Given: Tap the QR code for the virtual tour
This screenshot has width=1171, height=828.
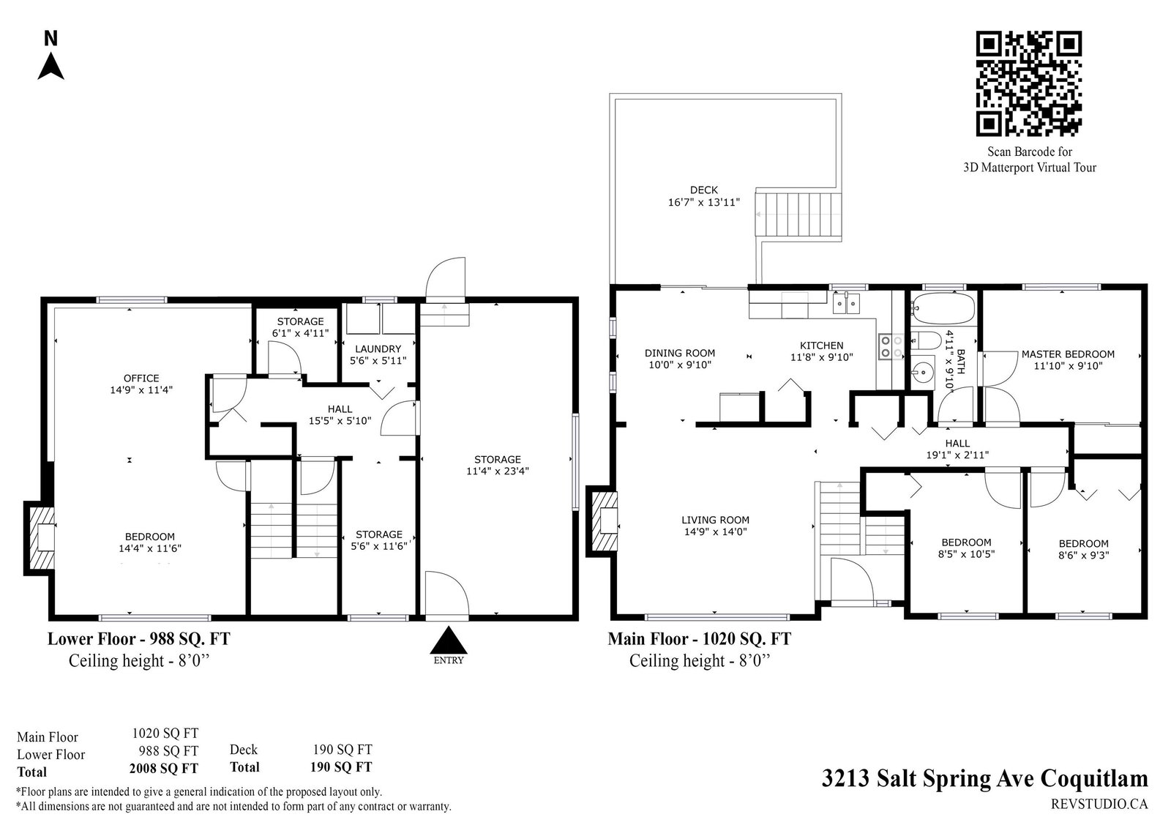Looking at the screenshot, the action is click(1028, 83).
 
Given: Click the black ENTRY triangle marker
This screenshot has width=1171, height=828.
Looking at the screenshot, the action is click(448, 641).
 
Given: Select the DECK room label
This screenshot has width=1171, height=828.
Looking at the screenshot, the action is click(703, 190).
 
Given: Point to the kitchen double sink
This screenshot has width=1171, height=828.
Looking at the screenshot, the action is click(846, 303).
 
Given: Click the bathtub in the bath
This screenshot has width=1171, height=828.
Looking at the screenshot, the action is click(943, 307).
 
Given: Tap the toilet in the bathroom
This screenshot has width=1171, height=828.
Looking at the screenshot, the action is click(926, 341).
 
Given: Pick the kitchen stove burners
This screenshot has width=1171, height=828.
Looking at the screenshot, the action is click(891, 346).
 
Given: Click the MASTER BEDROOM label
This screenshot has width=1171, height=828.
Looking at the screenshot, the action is click(1068, 354).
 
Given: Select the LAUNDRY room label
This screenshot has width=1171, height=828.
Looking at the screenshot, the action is click(378, 349).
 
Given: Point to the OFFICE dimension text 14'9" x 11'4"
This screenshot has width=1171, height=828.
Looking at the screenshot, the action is click(141, 389).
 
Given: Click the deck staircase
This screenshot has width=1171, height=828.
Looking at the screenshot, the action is click(798, 215).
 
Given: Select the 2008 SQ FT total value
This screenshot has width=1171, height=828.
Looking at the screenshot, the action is click(164, 769).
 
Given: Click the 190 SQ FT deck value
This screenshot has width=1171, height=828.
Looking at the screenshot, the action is click(343, 750).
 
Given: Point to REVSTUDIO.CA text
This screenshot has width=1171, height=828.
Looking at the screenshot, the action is click(1099, 804).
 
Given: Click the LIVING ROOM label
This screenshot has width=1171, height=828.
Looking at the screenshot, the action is click(715, 520).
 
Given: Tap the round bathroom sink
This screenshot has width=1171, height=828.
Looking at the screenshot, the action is click(923, 373).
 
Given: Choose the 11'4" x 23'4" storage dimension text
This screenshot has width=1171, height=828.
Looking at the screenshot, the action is click(497, 471).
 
